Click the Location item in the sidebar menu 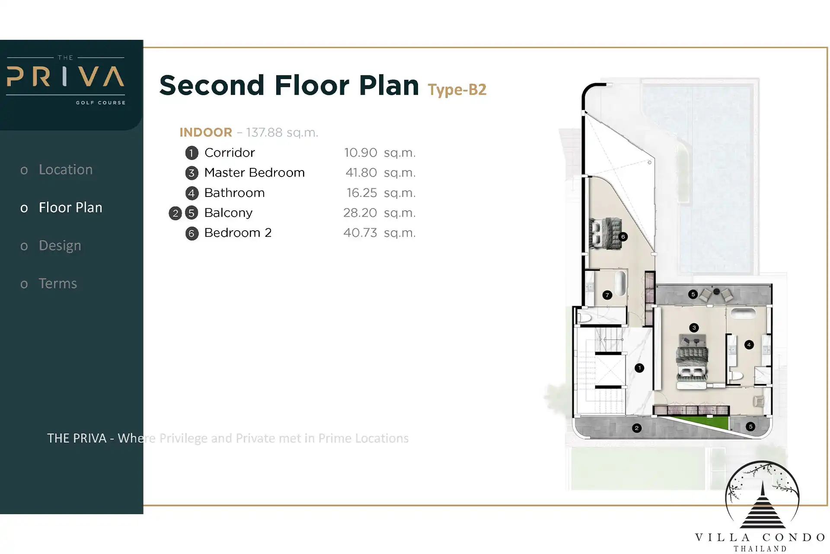[66, 169]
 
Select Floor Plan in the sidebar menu [70, 207]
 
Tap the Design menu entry [60, 245]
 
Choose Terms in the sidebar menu [58, 283]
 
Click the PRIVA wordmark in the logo [66, 77]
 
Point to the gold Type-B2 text [457, 90]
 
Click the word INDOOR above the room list [206, 132]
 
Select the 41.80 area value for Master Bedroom [361, 173]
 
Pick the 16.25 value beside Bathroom [362, 193]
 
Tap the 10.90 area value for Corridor [361, 153]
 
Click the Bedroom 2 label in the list [238, 233]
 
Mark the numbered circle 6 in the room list [192, 233]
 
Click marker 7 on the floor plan [607, 295]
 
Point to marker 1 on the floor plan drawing [639, 368]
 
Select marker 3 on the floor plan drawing [694, 328]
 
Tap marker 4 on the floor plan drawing [749, 345]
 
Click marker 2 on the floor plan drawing [637, 428]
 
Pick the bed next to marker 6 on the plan [606, 234]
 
